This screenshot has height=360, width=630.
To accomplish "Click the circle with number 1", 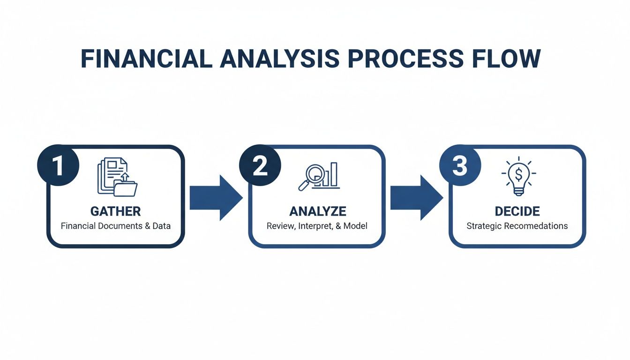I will pyautogui.click(x=58, y=165).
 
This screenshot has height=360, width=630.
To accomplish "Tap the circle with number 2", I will pyautogui.click(x=260, y=165).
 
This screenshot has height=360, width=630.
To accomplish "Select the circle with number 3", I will pyautogui.click(x=460, y=165).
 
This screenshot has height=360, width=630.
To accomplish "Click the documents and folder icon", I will pyautogui.click(x=117, y=177).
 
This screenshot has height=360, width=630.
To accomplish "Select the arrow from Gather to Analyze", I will pyautogui.click(x=216, y=197).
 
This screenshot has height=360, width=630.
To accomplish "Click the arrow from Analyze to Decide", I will pyautogui.click(x=416, y=197).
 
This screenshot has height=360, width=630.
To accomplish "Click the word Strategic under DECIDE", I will pyautogui.click(x=486, y=226).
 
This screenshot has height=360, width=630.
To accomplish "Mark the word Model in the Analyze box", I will pyautogui.click(x=356, y=226).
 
